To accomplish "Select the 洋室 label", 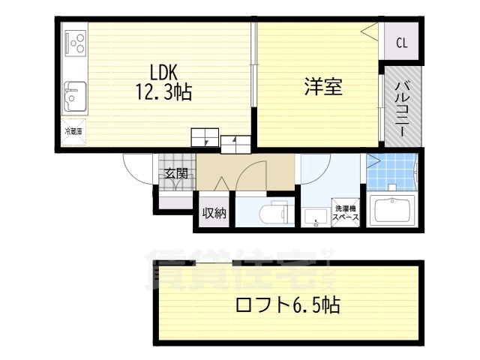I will [323, 86].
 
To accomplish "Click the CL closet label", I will [401, 43].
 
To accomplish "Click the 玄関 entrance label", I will [176, 174].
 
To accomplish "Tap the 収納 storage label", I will [214, 213].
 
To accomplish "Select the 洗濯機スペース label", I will [346, 212].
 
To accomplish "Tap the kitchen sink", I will [74, 95].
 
